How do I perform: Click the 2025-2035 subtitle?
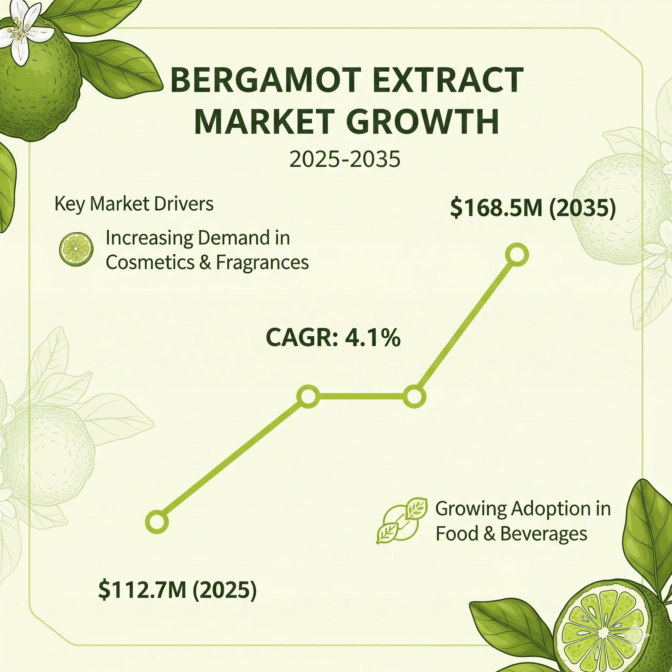(345, 159)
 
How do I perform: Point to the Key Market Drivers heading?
(134, 204)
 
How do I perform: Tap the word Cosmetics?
(150, 262)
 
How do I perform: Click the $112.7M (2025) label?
(178, 590)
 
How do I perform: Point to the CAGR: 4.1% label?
(333, 337)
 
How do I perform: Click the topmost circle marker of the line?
(517, 255)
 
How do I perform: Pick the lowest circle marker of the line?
(157, 522)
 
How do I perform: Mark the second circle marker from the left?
(308, 396)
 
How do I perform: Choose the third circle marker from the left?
(414, 396)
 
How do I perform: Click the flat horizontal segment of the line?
(361, 396)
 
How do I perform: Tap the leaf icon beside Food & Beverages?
(402, 520)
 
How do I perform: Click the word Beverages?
(544, 534)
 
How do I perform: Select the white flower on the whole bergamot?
(24, 36)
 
